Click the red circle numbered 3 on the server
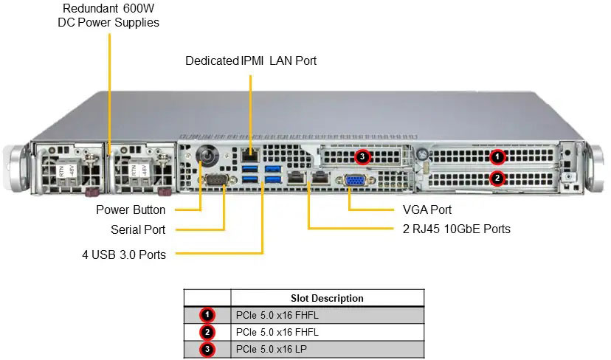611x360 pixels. point(362,156)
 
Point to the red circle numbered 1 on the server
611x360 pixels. point(497,156)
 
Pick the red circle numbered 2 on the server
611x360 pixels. point(497,178)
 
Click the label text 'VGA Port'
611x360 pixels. point(427,210)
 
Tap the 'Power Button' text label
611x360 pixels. point(131,210)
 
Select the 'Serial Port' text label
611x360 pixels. point(138,229)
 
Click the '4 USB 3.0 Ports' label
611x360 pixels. point(124,255)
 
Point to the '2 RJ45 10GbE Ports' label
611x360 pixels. point(457,229)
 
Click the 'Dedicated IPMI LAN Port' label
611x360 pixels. point(251,60)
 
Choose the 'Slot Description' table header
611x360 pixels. point(327,298)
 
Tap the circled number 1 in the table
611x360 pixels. point(207,315)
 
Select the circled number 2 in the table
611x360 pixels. point(207,332)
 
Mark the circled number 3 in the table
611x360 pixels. point(207,348)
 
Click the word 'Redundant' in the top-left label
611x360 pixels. point(88,8)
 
